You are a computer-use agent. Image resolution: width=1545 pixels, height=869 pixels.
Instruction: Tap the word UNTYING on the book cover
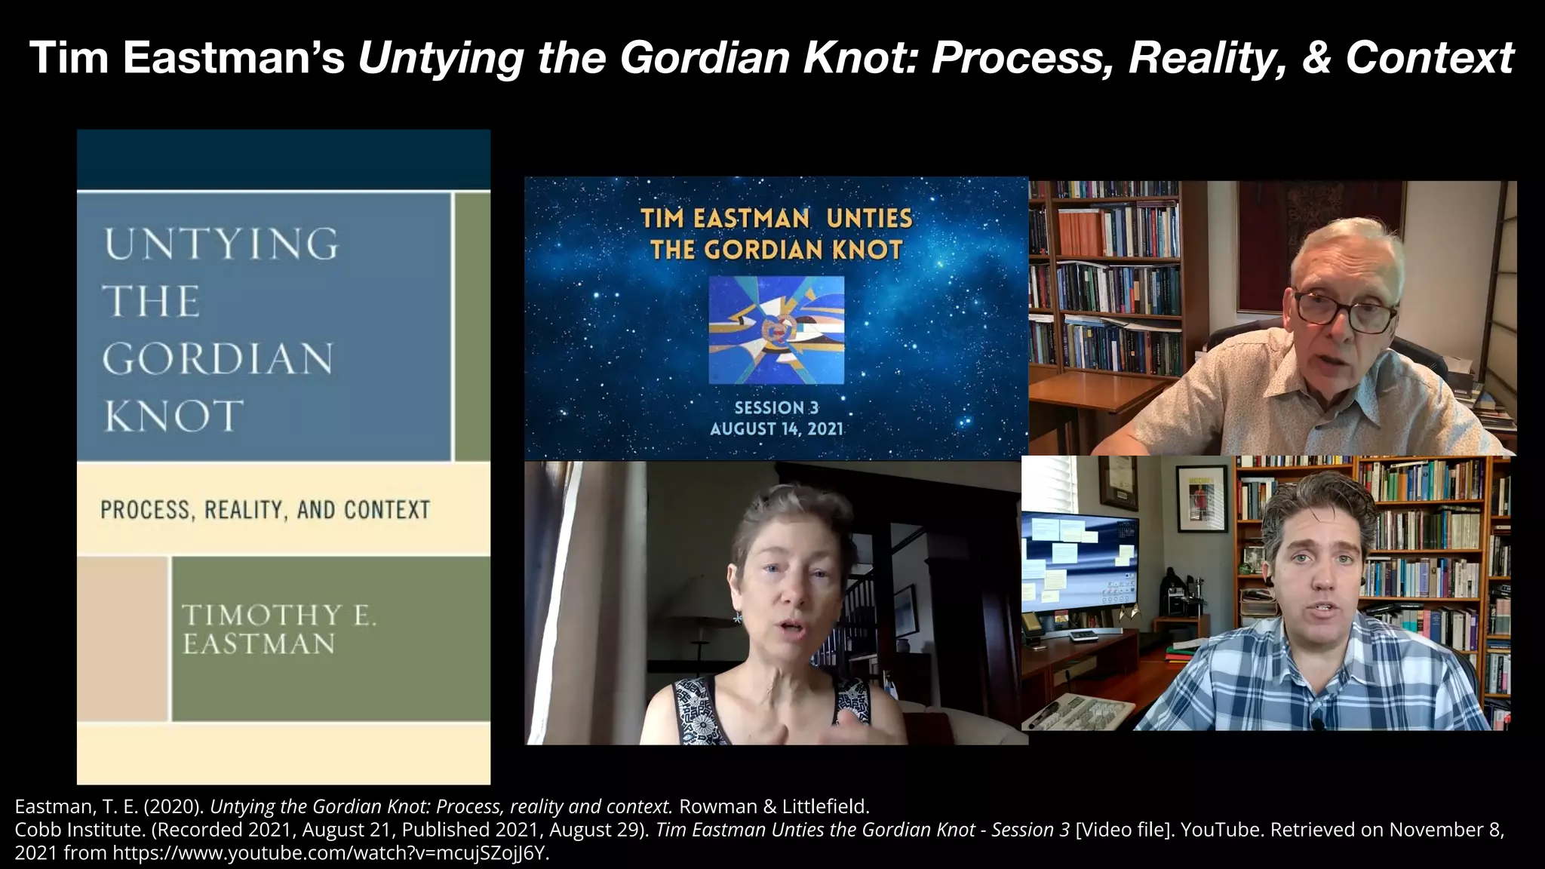point(221,244)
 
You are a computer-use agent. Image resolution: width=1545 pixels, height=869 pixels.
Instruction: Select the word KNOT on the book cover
point(174,416)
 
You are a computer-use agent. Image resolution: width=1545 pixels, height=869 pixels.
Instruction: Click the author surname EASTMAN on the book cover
point(259,644)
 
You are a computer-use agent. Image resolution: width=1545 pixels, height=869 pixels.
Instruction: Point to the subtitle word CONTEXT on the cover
point(387,510)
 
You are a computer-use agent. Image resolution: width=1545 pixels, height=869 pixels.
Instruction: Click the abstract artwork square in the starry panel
point(776,330)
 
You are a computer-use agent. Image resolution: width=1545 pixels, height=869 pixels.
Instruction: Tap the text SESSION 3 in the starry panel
point(776,408)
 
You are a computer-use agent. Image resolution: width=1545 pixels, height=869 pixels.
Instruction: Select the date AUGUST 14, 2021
point(776,429)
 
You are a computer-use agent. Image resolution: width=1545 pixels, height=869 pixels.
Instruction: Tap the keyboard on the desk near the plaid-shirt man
point(1086,713)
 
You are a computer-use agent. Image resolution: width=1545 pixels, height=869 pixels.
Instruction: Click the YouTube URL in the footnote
point(330,854)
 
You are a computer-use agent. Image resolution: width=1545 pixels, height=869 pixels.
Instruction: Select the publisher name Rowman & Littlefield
point(774,806)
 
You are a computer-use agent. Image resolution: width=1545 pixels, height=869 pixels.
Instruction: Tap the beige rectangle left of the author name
point(122,639)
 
